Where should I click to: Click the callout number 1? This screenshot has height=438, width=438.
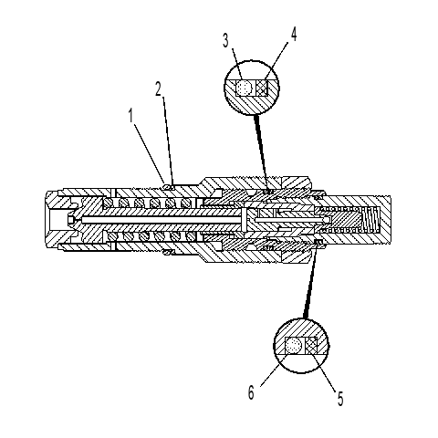(131, 116)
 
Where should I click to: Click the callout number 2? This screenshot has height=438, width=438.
(158, 89)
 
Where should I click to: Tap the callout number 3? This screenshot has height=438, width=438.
(225, 40)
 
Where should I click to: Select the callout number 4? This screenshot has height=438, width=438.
(293, 34)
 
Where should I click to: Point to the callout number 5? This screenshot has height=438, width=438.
(340, 399)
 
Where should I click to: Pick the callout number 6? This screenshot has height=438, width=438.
(251, 392)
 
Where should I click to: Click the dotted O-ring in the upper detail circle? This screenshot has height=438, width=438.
(245, 88)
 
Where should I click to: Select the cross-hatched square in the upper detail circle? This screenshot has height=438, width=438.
(262, 88)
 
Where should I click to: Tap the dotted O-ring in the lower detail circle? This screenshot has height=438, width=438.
(294, 346)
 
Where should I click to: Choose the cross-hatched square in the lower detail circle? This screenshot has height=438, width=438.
(311, 346)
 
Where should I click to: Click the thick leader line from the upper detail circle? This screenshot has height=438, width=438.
(262, 152)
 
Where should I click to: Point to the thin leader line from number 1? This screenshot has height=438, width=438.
(150, 154)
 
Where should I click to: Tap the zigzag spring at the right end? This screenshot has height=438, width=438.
(371, 219)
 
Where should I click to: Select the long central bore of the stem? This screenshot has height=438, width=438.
(162, 220)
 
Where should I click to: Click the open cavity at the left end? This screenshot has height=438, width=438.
(57, 220)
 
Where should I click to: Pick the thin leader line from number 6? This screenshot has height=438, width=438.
(275, 370)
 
